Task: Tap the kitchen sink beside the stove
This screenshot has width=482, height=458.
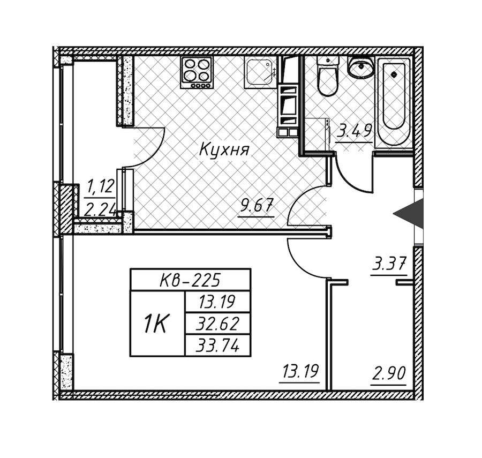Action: pos(260,72)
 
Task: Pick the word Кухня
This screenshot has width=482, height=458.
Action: pos(224,150)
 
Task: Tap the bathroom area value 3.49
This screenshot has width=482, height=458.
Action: pos(354,130)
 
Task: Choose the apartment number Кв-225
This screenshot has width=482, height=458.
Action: pos(191,279)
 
